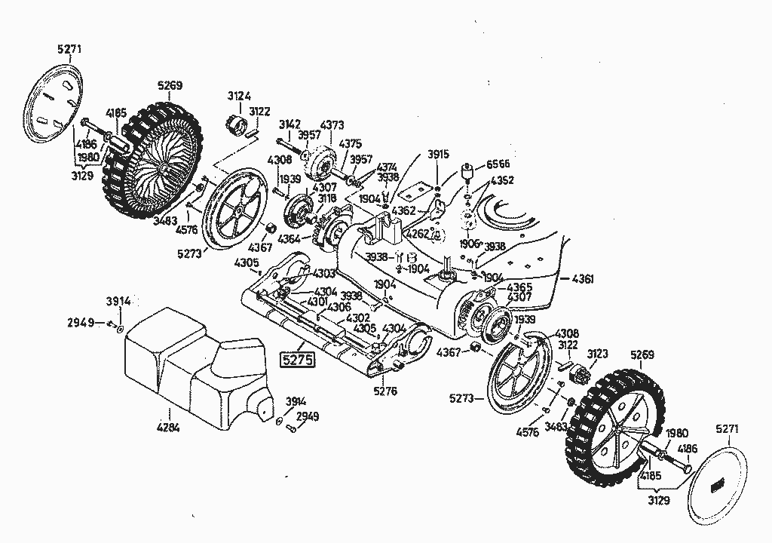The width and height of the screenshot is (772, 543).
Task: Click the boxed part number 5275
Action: tap(296, 360)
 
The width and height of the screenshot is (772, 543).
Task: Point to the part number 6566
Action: tap(498, 164)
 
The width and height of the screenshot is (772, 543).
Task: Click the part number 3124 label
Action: tap(240, 96)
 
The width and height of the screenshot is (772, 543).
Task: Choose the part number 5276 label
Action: tap(384, 391)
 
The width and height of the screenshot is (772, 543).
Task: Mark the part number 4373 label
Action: tap(332, 124)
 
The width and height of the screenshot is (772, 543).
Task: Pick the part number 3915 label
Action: tap(438, 154)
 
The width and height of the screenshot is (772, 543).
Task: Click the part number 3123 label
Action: tap(597, 353)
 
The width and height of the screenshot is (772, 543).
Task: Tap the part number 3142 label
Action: tap(289, 124)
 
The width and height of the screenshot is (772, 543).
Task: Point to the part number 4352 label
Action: tap(502, 180)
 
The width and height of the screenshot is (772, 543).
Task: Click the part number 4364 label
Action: tap(289, 239)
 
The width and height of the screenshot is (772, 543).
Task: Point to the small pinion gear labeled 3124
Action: tap(237, 122)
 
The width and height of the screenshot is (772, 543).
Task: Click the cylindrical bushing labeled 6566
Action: tap(467, 173)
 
